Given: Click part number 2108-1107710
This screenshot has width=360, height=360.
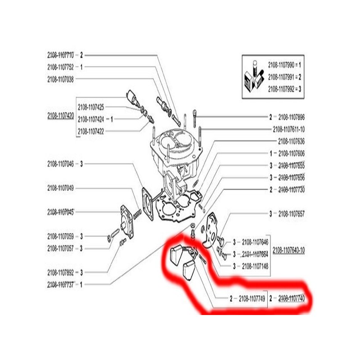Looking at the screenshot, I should click(62, 55).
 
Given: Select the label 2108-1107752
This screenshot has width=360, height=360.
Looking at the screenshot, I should click(62, 67).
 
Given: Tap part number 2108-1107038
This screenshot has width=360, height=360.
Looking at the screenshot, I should click(62, 79).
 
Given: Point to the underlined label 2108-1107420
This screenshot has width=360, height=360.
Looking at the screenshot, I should click(60, 116).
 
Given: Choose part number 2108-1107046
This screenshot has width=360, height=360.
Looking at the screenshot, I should click(62, 164).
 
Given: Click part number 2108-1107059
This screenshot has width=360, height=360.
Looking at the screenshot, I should click(62, 235).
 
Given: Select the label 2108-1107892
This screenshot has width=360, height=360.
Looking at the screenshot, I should click(62, 272).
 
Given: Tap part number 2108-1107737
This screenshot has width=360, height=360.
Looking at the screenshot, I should click(62, 284).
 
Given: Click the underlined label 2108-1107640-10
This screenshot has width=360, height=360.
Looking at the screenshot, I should click(288, 248).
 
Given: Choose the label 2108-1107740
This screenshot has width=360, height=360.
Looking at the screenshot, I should click(292, 298).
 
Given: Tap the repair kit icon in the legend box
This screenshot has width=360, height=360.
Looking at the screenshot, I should click(252, 77).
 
